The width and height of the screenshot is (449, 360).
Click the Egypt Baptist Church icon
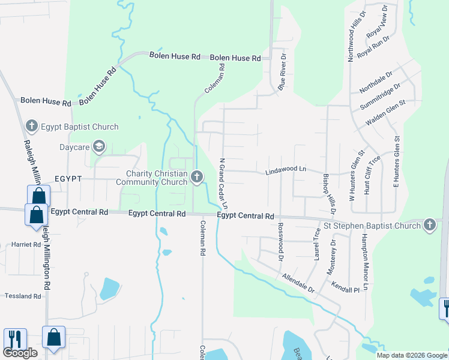click(x=32, y=127)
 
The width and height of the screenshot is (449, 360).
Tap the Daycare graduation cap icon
click(x=99, y=146)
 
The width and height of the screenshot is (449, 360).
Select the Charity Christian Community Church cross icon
click(x=197, y=176)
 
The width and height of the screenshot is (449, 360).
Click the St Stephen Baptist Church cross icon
click(x=429, y=225)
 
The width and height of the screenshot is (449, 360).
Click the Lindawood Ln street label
click(x=286, y=170)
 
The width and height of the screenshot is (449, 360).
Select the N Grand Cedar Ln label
click(x=223, y=184)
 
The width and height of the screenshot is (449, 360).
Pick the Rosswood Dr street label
click(x=280, y=241)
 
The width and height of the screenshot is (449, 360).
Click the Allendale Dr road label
click(x=298, y=282)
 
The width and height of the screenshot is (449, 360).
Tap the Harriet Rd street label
click(x=26, y=245)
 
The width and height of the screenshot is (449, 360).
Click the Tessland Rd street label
click(x=23, y=296)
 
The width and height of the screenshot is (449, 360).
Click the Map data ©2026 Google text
click(x=411, y=355)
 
